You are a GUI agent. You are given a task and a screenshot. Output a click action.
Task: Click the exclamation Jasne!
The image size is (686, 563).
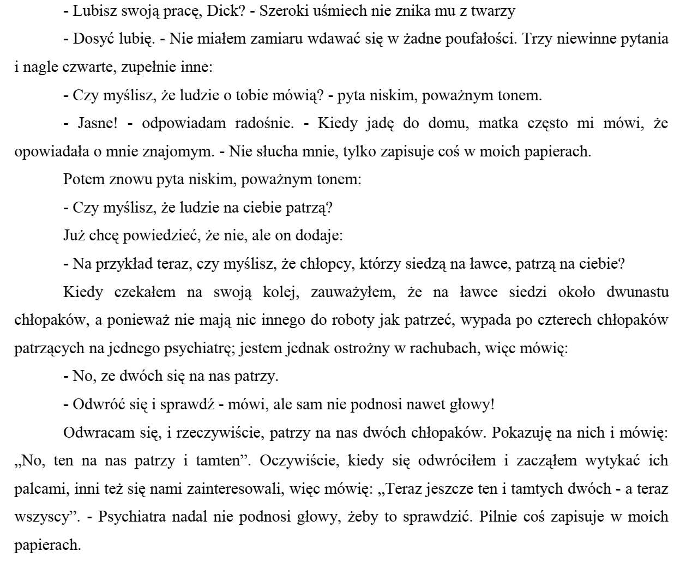(95, 124)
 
